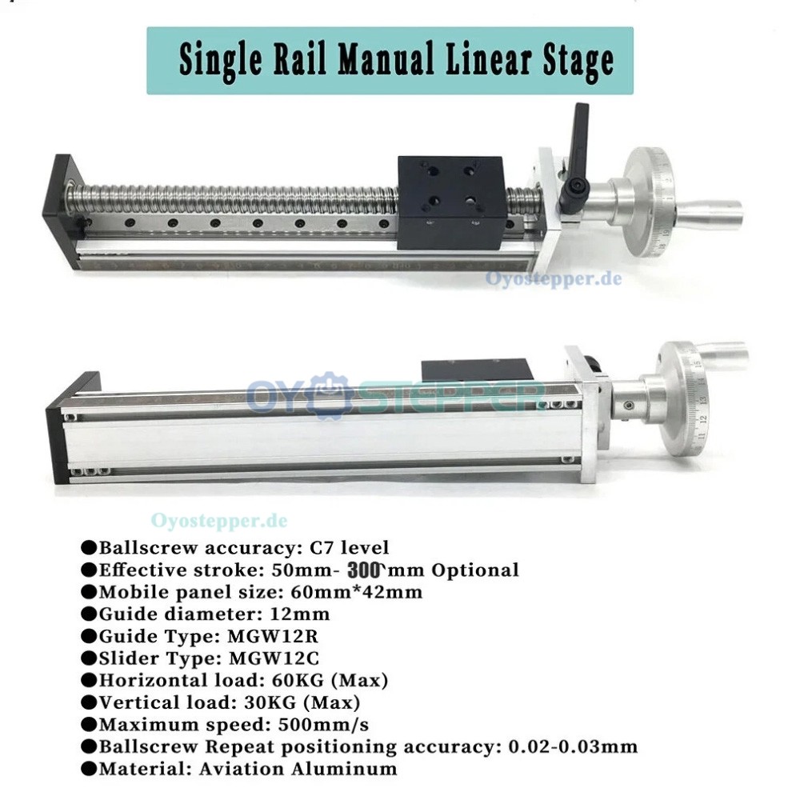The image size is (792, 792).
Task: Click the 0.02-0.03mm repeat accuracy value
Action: [573, 747]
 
